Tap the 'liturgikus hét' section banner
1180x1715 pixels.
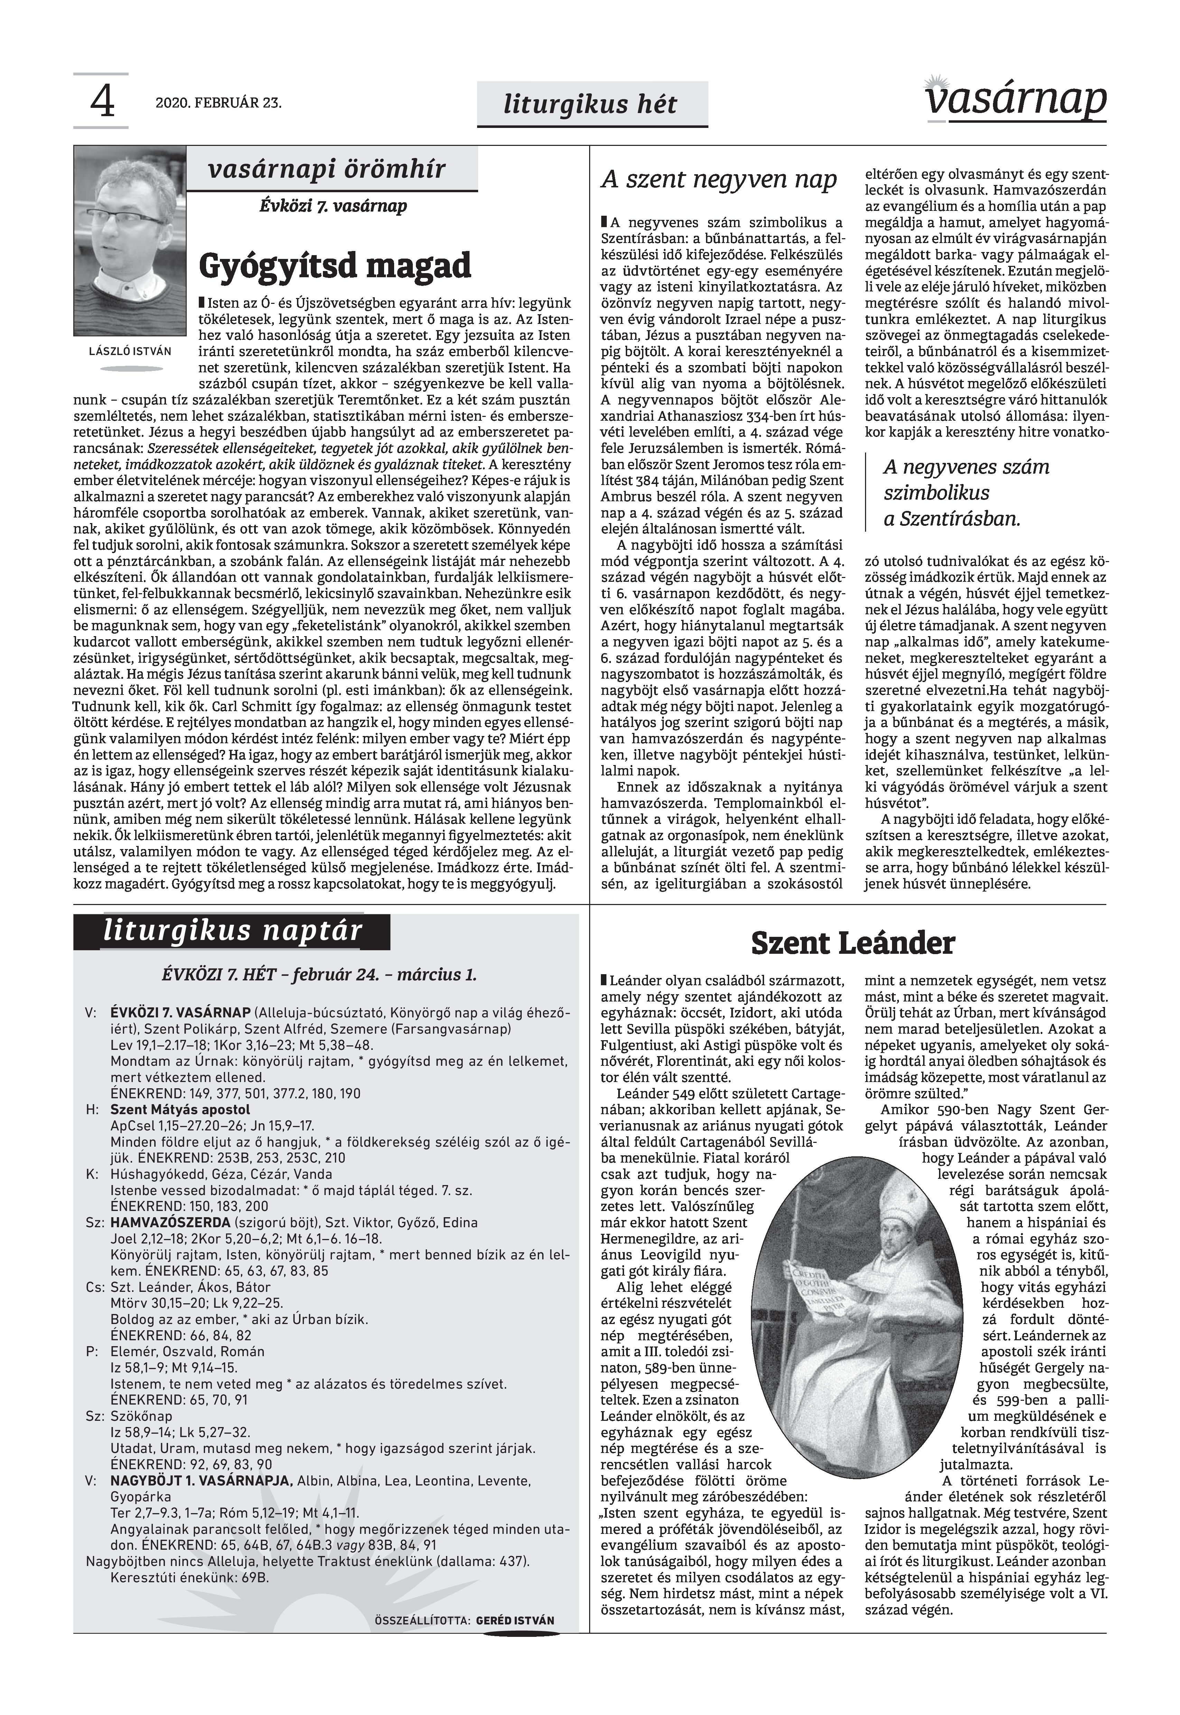pos(590,104)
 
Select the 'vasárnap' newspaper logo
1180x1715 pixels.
pos(1016,98)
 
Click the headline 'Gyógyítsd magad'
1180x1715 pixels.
pos(334,264)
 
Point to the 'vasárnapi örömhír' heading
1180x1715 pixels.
pos(327,170)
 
